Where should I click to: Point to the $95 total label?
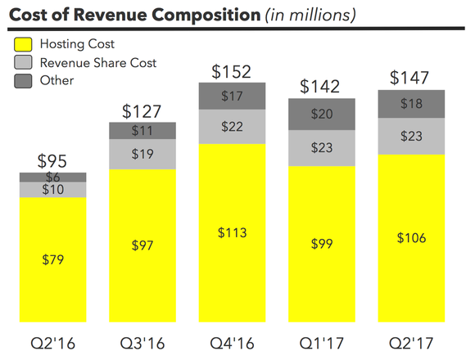[x=53, y=160]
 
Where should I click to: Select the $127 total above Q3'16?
[x=142, y=110]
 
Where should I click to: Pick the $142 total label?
[x=321, y=86]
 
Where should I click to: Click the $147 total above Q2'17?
[x=410, y=79]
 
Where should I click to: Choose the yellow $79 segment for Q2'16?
[x=53, y=260]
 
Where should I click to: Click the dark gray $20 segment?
[x=322, y=114]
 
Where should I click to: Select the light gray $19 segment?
[x=142, y=153]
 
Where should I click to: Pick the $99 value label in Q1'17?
[x=322, y=243]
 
